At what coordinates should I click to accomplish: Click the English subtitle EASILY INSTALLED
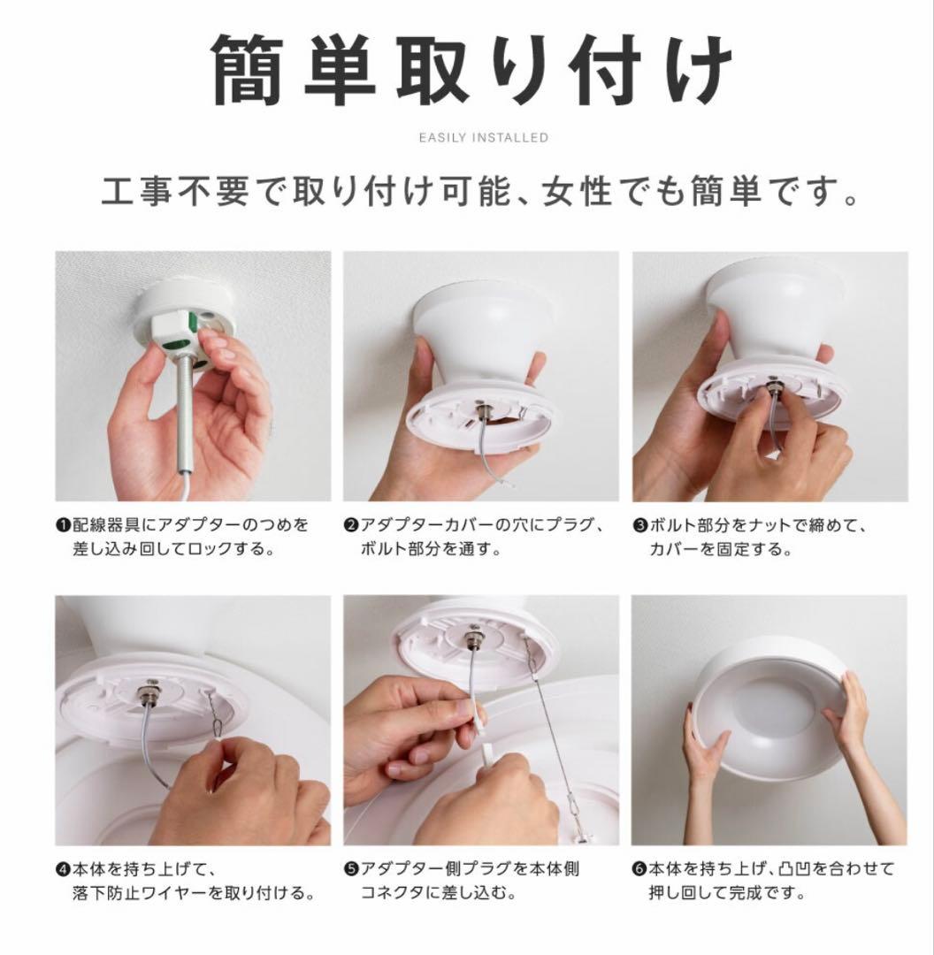[483, 138]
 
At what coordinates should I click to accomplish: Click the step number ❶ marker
[63, 525]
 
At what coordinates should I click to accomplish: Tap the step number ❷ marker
[350, 525]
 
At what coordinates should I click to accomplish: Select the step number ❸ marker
[639, 525]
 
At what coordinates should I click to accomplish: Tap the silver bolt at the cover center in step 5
[472, 640]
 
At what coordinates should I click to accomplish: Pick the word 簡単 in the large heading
[292, 70]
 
